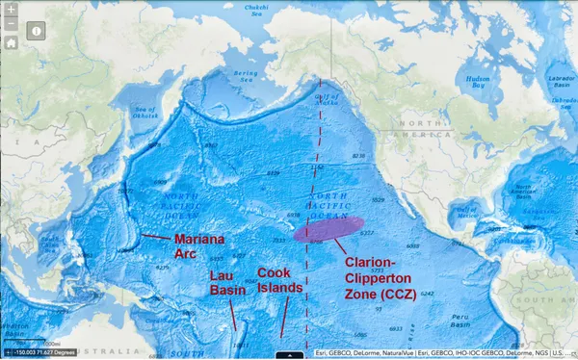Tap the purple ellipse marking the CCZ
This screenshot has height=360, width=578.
click(327, 229)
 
